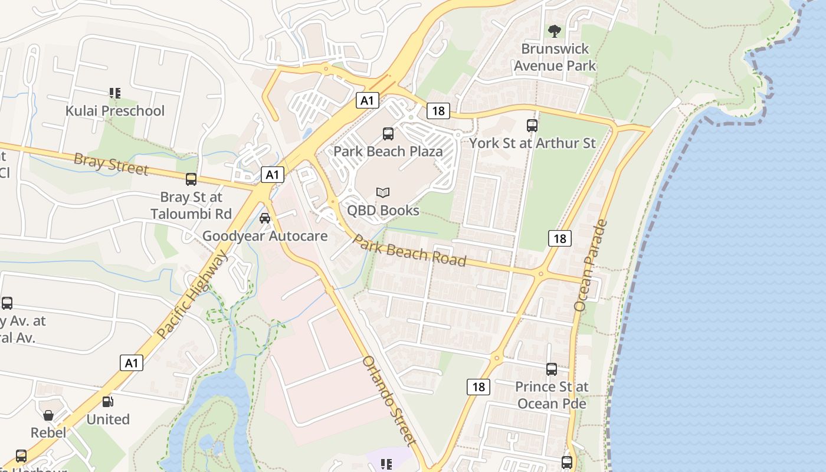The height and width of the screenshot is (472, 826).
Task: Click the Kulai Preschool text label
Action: tap(114, 111)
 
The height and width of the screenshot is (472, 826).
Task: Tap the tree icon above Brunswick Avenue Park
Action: tap(554, 31)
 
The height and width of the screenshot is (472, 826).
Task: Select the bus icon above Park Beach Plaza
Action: tap(388, 134)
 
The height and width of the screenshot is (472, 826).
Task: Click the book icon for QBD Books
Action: tap(383, 192)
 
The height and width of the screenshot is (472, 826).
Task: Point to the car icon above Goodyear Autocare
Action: tap(265, 218)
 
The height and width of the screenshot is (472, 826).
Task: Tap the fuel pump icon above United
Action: tap(108, 402)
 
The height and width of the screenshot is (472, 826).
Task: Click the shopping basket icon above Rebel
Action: tap(48, 415)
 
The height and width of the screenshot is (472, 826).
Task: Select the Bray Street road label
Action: tap(111, 164)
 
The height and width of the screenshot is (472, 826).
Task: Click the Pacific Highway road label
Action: tap(192, 294)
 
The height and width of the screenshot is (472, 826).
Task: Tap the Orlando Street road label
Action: tap(389, 401)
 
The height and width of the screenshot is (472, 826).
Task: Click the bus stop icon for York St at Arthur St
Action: tap(532, 125)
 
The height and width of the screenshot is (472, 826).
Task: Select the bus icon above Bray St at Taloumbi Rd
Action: tap(191, 179)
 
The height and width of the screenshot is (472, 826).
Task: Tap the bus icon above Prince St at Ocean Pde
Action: tap(552, 369)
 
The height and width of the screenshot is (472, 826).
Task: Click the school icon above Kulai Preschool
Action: tap(115, 93)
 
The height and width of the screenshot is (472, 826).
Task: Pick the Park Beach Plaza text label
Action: tap(388, 152)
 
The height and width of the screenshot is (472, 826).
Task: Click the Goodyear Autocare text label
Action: tap(265, 237)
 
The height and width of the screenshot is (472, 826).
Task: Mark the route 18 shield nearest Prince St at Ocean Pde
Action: tap(478, 387)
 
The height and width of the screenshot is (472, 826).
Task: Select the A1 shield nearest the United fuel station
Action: tap(131, 363)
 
